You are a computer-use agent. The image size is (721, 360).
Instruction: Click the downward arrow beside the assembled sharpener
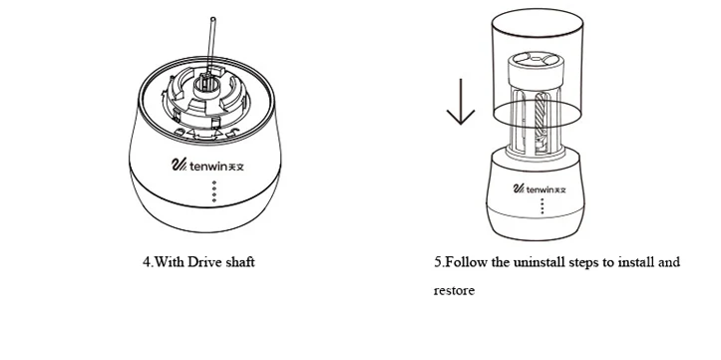click(x=461, y=101)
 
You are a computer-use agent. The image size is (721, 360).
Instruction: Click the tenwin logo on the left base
click(x=207, y=165)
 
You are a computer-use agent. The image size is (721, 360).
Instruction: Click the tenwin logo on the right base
click(x=540, y=188)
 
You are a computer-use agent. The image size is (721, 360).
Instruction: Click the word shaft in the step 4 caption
click(x=240, y=262)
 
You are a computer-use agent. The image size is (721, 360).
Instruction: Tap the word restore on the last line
click(x=454, y=290)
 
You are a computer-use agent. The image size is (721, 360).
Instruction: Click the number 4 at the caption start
click(x=148, y=262)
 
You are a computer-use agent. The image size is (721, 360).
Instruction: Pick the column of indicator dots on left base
click(x=213, y=191)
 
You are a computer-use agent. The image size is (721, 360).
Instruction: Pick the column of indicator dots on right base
click(x=542, y=206)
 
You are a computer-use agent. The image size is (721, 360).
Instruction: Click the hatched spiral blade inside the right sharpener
click(x=540, y=117)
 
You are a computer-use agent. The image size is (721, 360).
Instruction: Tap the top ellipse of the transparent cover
click(x=538, y=22)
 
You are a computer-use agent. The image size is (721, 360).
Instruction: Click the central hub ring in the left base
click(x=205, y=86)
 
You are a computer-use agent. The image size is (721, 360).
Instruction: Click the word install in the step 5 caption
click(x=636, y=262)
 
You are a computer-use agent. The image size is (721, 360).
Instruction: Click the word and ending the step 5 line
click(x=669, y=262)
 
